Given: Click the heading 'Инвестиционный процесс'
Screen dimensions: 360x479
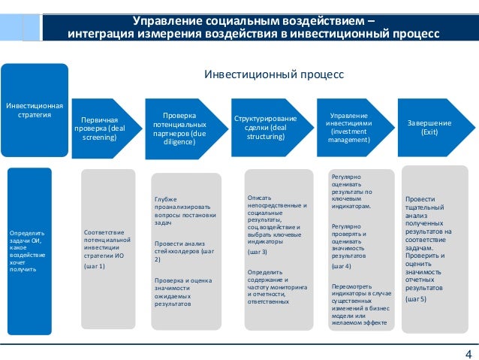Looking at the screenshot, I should (x=274, y=75).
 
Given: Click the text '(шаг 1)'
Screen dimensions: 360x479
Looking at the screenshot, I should (x=95, y=266).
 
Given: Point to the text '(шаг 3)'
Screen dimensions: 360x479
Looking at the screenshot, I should (x=258, y=252).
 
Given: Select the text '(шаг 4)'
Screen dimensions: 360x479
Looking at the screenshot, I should (x=341, y=266).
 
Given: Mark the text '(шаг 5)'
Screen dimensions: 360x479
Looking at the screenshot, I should (x=415, y=298).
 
